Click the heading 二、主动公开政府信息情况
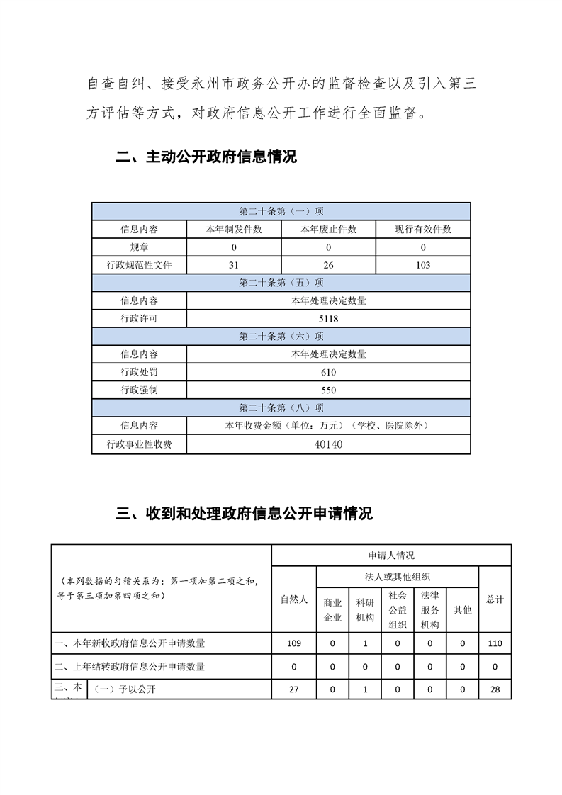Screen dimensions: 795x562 coord(206,157)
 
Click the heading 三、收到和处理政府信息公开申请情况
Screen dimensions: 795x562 coord(244,514)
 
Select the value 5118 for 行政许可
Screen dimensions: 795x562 coord(328,319)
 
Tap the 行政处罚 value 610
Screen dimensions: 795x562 coord(328,372)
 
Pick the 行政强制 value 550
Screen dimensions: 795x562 coord(328,390)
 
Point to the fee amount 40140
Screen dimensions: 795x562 coord(328,444)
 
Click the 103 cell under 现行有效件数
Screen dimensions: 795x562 coord(423,265)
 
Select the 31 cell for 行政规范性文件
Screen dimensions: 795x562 coord(233,265)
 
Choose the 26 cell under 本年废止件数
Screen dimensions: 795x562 coord(328,265)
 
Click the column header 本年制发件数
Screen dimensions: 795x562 coord(233,230)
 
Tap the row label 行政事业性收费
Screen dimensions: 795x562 coord(139,444)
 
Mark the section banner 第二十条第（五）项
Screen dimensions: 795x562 coord(281,283)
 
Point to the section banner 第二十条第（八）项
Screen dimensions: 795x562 coord(281,407)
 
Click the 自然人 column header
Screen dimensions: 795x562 coord(294,599)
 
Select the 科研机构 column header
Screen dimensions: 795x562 coord(365,610)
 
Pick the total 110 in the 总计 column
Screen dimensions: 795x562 coord(495,643)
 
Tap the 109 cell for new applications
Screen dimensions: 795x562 coord(294,643)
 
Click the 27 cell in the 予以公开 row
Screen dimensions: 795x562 coord(294,689)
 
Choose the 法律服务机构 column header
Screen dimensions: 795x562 coord(430,610)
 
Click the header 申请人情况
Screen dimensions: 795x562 coord(391,556)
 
